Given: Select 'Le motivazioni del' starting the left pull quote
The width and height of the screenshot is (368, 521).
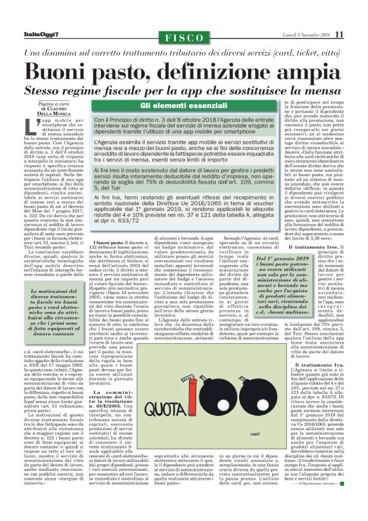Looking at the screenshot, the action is [52, 291].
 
